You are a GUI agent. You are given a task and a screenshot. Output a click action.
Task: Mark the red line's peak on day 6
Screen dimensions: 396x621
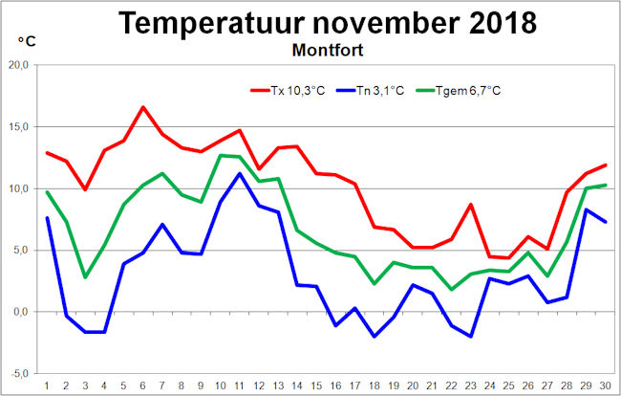point(143,107)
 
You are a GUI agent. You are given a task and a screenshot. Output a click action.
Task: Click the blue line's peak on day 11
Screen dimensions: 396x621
point(240,173)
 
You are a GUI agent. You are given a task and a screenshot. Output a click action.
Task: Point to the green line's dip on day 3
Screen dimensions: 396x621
point(85,277)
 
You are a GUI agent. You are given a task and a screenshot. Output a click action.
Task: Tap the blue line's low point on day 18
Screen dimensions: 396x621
point(375,337)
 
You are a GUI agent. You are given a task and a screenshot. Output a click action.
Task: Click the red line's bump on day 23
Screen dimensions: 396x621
point(471,205)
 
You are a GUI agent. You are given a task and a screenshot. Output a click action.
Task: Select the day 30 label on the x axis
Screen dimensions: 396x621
point(606,385)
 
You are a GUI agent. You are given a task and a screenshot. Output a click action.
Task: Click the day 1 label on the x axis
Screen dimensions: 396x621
point(47,385)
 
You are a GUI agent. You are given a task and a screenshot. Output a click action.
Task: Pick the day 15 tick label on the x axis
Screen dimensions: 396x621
point(316,385)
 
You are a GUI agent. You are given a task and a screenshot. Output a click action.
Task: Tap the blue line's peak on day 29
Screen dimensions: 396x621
point(587,209)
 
